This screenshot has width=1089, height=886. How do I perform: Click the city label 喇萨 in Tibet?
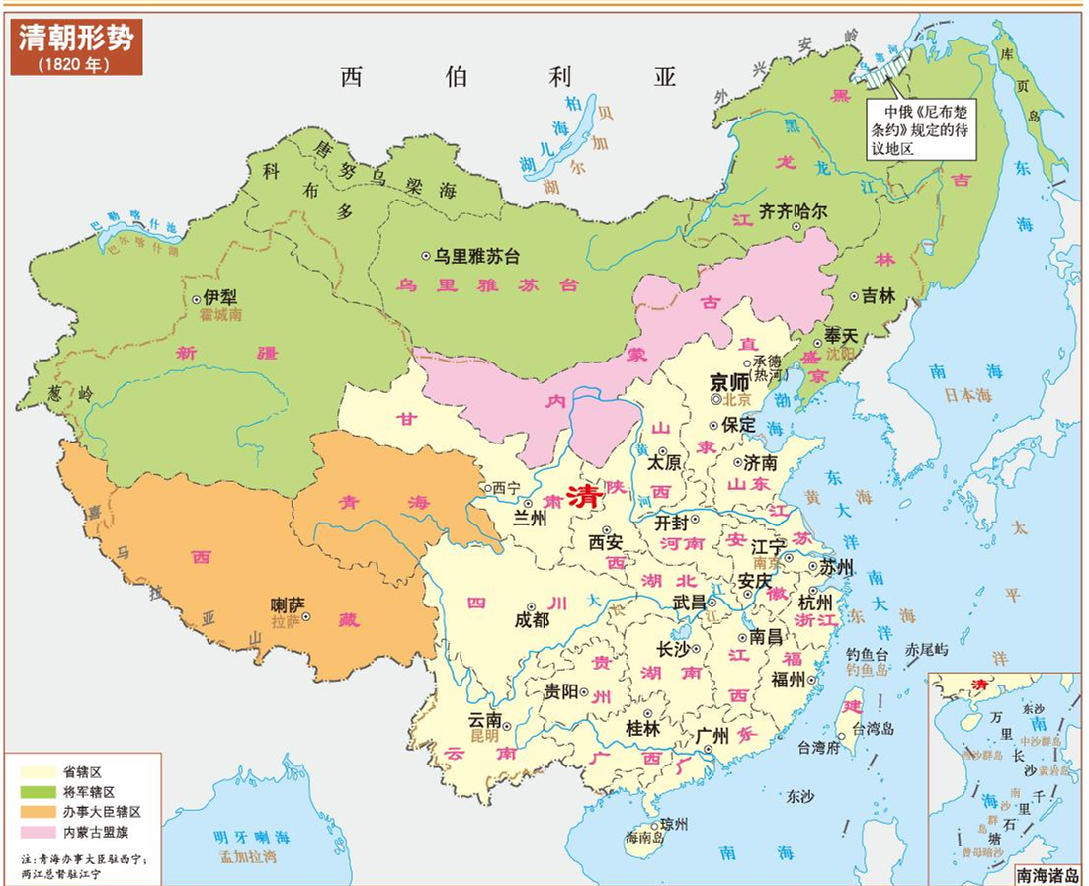point(289,604)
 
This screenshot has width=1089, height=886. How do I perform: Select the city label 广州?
point(712,735)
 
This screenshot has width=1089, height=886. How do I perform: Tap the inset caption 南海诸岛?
point(1048,875)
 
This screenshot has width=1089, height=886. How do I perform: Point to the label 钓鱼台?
point(869,654)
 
